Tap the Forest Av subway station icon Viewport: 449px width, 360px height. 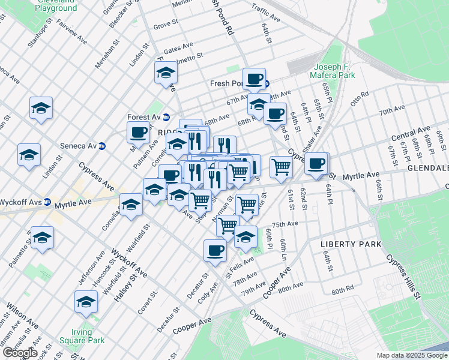166,117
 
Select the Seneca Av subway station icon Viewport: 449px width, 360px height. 102,146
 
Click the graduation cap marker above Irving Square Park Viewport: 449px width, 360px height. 86,301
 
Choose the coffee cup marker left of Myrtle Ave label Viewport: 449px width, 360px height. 316,163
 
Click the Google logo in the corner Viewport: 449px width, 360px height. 19,353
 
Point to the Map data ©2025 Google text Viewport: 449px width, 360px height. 411,355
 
